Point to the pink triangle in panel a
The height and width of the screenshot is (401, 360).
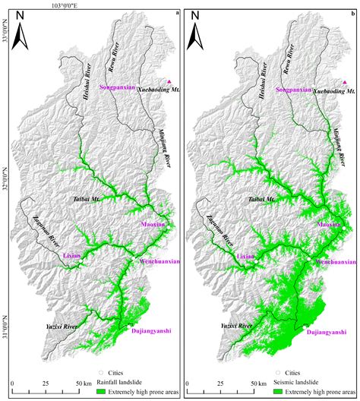point(169,81)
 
